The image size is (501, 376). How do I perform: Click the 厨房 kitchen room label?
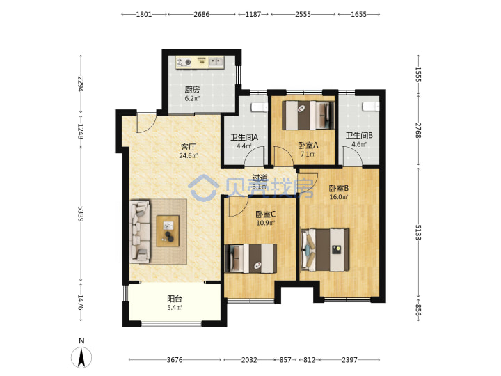pyautogui.click(x=192, y=90)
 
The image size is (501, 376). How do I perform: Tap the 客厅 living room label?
pyautogui.click(x=188, y=147)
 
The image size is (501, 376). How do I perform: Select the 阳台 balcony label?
pyautogui.click(x=175, y=299)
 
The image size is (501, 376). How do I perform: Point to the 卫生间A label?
pyautogui.click(x=244, y=137)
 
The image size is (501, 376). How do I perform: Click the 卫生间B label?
pyautogui.click(x=359, y=136)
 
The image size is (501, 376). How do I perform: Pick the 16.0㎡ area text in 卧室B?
pyautogui.click(x=339, y=197)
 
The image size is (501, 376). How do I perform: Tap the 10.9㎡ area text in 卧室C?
pyautogui.click(x=266, y=223)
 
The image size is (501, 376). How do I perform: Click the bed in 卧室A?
pyautogui.click(x=308, y=115)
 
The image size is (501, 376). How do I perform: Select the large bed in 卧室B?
pyautogui.click(x=325, y=250)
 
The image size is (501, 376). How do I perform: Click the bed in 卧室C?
pyautogui.click(x=250, y=258)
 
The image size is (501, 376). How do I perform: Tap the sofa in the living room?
pyautogui.click(x=140, y=231)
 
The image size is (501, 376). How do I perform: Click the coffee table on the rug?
pyautogui.click(x=168, y=231)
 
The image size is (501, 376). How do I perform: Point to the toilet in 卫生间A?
pyautogui.click(x=259, y=107)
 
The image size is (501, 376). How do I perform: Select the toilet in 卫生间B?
pyautogui.click(x=371, y=106)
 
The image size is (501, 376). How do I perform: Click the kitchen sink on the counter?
pyautogui.click(x=216, y=61)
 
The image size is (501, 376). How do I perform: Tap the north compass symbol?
pyautogui.click(x=81, y=357)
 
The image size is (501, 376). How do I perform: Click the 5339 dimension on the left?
pyautogui.click(x=81, y=214)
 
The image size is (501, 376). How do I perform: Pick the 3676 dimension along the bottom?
pyautogui.click(x=175, y=360)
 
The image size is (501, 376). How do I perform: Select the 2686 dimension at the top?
pyautogui.click(x=202, y=14)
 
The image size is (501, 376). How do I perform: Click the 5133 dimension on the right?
pyautogui.click(x=418, y=232)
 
